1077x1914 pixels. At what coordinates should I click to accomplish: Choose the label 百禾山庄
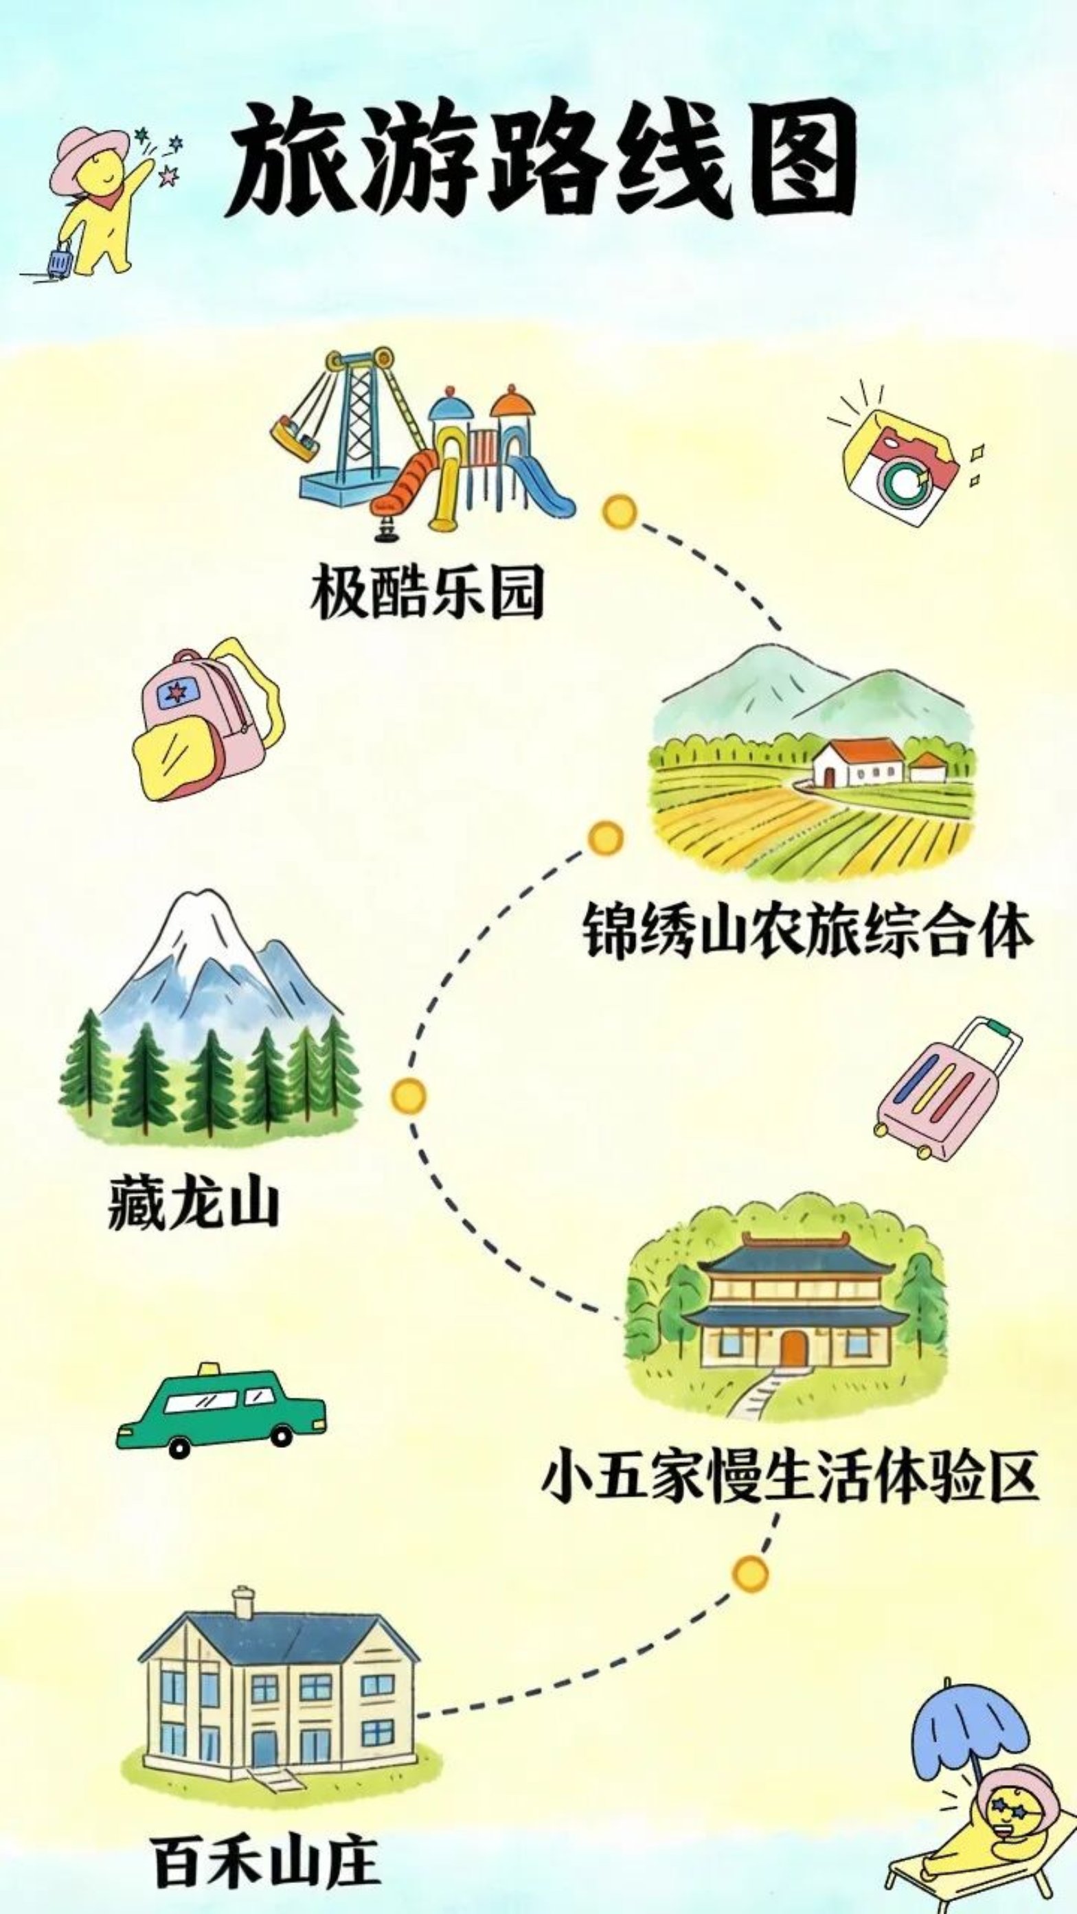[x=265, y=1858]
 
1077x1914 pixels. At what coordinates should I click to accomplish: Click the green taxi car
[x=220, y=1409]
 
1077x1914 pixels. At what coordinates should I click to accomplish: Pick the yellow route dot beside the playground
[x=619, y=512]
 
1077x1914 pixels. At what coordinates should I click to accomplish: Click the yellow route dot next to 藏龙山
[x=408, y=1096]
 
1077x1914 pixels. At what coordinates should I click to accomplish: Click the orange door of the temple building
[x=793, y=1348]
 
